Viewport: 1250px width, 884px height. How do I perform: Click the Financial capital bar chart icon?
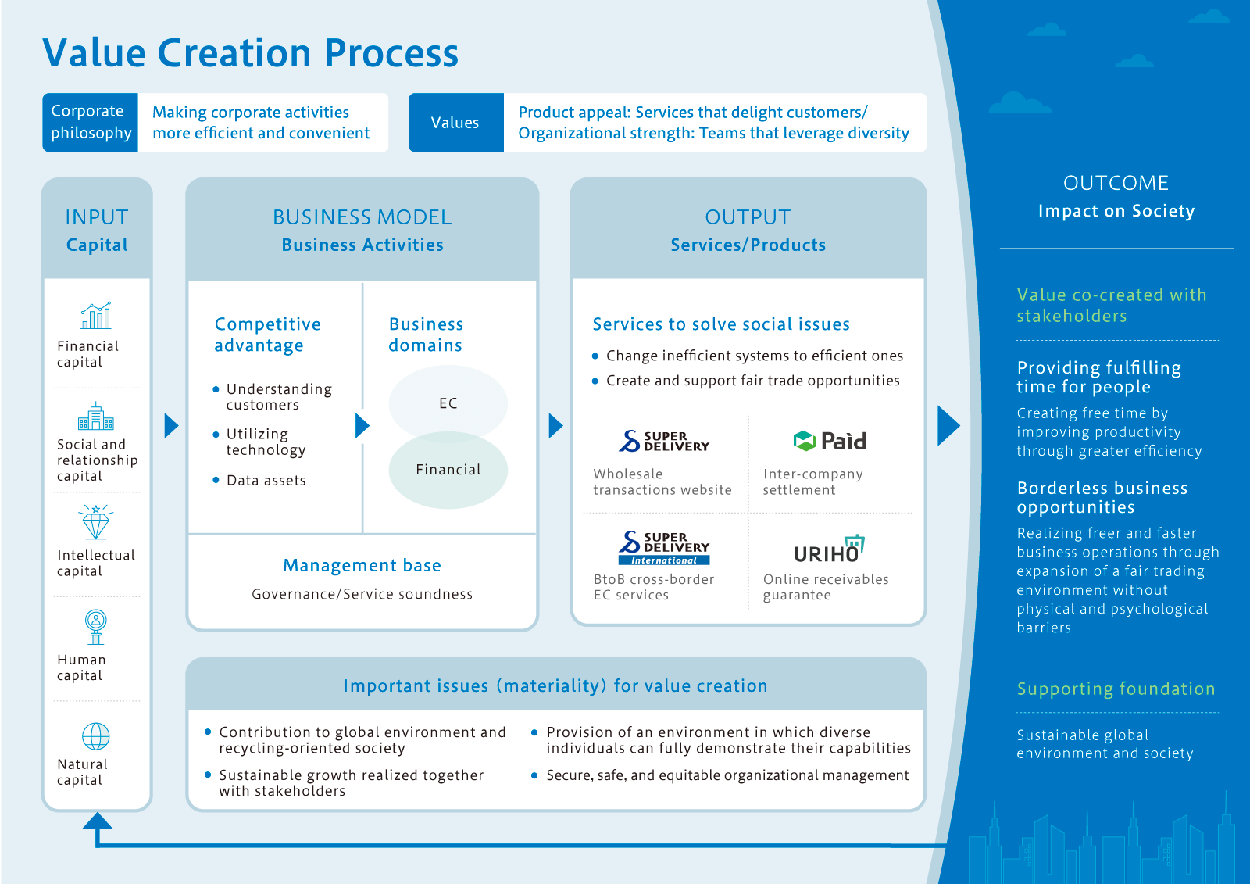(x=96, y=316)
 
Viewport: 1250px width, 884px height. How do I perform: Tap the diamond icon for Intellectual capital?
(x=96, y=521)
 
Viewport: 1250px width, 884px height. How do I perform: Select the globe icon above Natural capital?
(x=96, y=736)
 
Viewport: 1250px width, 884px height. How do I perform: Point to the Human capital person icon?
(x=96, y=626)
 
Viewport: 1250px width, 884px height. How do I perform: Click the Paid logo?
(x=830, y=441)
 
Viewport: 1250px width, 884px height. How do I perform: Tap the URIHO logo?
(x=829, y=549)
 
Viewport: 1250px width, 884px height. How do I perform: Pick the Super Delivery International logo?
(x=664, y=548)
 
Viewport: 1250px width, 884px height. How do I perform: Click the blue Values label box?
(x=455, y=123)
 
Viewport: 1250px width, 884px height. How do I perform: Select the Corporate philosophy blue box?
(x=91, y=123)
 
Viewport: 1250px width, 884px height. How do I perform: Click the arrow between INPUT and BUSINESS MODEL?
(x=171, y=426)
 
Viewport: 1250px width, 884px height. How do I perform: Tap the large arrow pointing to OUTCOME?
(x=948, y=426)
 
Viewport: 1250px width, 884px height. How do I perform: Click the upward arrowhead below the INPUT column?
(x=98, y=821)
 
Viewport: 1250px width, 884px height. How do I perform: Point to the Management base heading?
(x=362, y=565)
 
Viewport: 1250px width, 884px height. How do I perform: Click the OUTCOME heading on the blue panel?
(x=1116, y=183)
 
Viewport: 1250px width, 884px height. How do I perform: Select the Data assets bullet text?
(x=266, y=481)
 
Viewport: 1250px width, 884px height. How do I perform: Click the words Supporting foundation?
(x=1116, y=689)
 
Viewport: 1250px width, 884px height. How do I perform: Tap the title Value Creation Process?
(x=250, y=53)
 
